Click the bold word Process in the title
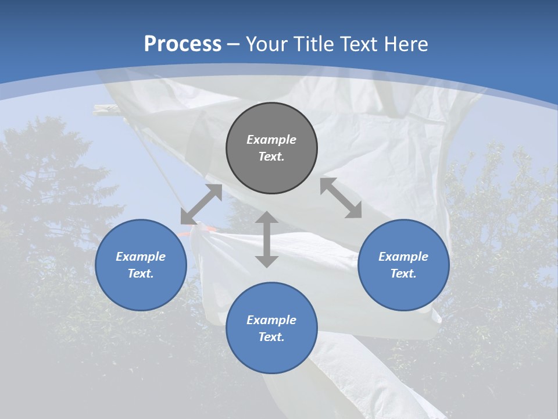coord(183,44)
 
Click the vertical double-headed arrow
coord(267,239)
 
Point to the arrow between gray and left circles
coord(201,204)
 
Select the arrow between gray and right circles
coord(341,198)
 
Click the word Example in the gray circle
coord(271,140)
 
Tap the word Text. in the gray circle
coord(271,157)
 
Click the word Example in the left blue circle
coord(141,257)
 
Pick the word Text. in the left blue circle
coord(141,274)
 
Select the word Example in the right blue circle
coord(403,257)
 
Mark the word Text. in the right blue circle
coord(403,274)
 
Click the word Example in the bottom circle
coord(271,320)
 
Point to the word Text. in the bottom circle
coord(271,337)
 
